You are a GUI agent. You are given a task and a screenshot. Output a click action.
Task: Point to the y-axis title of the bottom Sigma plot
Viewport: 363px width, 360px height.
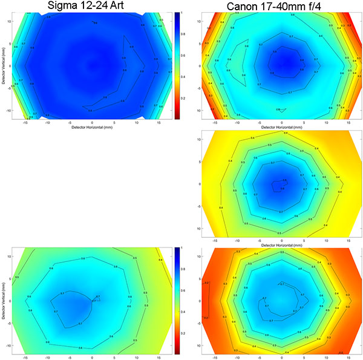tap(4, 300)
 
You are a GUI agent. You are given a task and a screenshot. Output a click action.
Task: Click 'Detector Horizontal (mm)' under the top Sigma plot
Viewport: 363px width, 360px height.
tap(92, 128)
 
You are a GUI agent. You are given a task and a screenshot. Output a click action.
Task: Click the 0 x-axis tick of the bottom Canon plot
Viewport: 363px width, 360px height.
tap(281, 357)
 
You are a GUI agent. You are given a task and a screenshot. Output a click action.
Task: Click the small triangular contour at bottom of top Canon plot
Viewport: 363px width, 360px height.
tap(280, 110)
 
